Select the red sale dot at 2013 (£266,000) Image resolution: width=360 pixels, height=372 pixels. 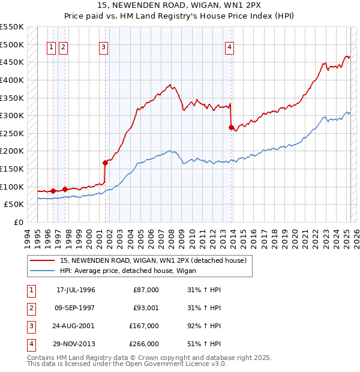[x=231, y=127]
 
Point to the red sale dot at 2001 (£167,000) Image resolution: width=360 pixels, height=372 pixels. [x=105, y=163]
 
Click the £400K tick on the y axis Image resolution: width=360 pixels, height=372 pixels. [x=12, y=80]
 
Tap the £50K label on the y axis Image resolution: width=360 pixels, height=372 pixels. [x=14, y=205]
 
